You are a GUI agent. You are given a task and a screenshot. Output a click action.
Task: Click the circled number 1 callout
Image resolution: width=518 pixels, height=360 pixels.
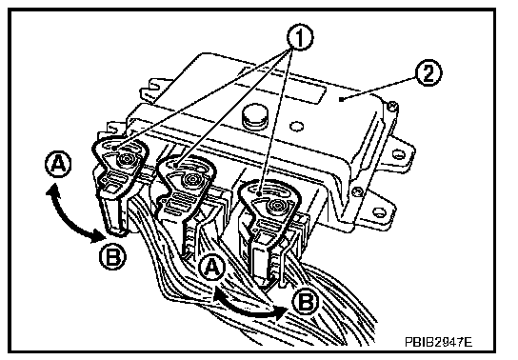300,37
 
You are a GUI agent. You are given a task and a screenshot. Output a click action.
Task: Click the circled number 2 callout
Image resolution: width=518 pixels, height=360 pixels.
428,73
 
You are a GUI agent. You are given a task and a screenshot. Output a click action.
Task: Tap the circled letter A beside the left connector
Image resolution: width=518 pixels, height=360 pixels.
58,164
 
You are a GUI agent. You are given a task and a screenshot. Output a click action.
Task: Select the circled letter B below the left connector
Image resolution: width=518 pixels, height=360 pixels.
112,256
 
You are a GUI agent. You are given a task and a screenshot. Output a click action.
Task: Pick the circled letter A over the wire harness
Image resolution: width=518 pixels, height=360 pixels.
212,267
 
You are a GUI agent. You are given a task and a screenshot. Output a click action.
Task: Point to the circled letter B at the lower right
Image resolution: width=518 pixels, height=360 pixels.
306,301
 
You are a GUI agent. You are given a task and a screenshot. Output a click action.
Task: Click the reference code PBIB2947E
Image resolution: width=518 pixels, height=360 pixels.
438,342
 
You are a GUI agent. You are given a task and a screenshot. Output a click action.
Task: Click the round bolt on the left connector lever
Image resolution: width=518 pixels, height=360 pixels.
127,159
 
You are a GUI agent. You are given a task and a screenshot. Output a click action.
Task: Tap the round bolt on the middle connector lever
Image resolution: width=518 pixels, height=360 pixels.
191,179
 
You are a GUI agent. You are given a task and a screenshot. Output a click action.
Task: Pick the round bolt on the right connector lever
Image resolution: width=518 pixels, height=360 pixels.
276,206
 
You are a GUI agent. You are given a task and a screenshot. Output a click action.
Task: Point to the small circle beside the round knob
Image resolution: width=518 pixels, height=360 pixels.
296,126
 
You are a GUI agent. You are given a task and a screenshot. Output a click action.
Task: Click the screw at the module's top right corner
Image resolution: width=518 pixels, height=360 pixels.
392,107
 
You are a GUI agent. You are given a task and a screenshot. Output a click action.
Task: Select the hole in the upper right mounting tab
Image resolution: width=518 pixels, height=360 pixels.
398,154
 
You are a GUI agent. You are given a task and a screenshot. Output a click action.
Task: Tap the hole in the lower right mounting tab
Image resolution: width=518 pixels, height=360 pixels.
379,211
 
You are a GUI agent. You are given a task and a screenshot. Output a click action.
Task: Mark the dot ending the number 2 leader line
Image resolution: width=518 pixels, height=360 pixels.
342,98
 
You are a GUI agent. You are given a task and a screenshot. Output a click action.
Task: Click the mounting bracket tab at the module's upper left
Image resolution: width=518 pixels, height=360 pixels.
155,89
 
